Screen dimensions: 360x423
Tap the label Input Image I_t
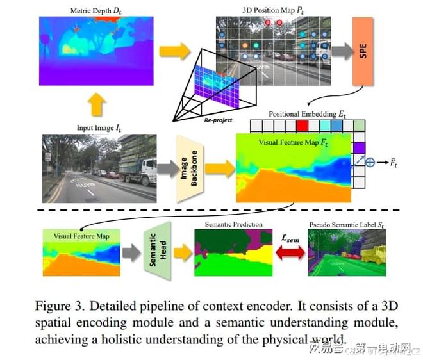(x=98, y=129)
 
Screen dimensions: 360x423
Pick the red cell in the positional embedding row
(x=303, y=125)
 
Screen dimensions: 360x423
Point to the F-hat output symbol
(x=395, y=162)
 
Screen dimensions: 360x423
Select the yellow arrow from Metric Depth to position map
(x=174, y=51)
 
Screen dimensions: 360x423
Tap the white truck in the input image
(x=139, y=169)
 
